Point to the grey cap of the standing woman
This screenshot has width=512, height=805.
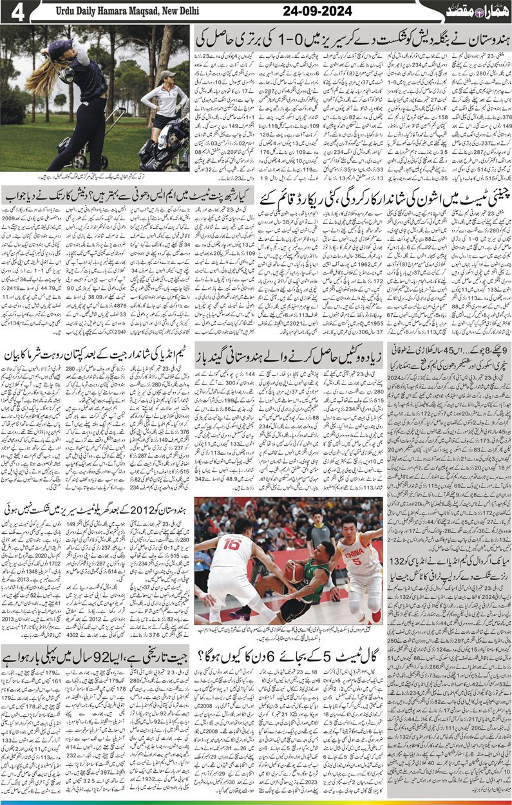click(167, 75)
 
